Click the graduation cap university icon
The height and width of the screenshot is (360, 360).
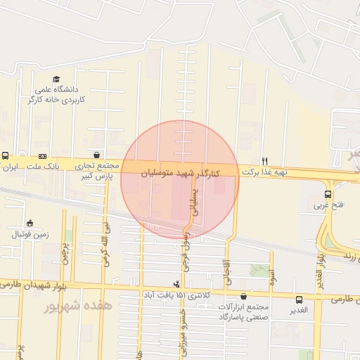56,79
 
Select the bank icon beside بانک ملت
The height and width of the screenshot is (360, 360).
43,156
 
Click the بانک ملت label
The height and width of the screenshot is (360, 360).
44,167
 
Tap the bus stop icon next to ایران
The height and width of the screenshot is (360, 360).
6,156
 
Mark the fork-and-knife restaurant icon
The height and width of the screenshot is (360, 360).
264,160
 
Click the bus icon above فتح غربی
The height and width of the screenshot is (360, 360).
328,194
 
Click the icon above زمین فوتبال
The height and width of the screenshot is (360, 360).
30,223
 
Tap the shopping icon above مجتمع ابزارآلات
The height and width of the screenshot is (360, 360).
244,297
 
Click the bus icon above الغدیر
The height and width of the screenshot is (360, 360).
300,300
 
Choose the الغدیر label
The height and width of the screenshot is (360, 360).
300,310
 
